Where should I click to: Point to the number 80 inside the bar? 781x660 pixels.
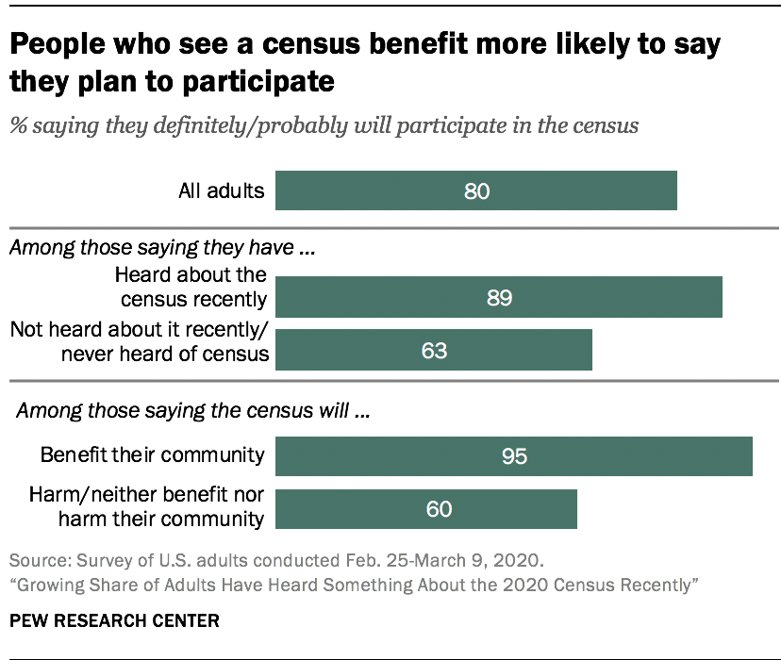[477, 190]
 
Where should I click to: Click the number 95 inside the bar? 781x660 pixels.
[513, 456]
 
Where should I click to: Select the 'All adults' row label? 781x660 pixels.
[222, 190]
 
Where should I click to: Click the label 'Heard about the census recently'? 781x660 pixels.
[190, 288]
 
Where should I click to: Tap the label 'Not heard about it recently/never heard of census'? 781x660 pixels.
[139, 341]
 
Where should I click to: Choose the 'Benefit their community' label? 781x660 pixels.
[152, 455]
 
